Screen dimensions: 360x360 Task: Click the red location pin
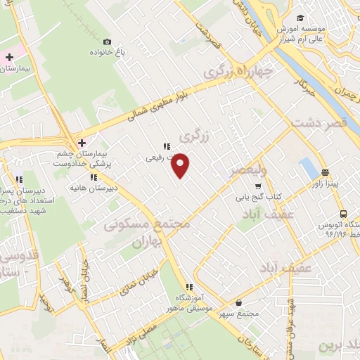click(x=181, y=165)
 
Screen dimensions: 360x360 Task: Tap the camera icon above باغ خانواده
click(x=106, y=42)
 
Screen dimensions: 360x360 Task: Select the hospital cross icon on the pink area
click(x=9, y=56)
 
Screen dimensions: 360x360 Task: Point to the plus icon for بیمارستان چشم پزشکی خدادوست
click(x=82, y=141)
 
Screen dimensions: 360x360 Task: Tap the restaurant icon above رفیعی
click(x=166, y=147)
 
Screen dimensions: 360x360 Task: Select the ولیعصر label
click(x=247, y=170)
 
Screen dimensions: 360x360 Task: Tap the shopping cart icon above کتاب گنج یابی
click(x=258, y=186)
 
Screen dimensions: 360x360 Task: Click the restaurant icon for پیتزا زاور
click(x=325, y=172)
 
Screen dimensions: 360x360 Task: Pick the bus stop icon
click(x=342, y=214)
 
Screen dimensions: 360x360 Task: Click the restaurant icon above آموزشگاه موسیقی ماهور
click(x=188, y=287)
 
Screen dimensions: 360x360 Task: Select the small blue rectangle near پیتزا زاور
click(x=308, y=169)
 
